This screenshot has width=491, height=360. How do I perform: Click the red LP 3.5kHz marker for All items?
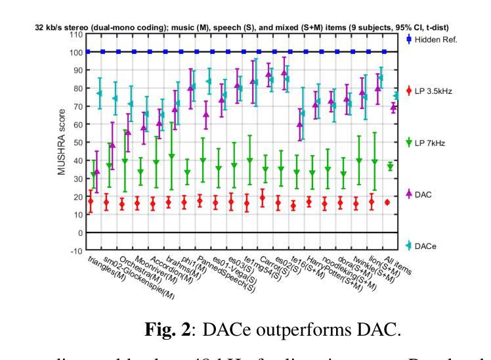point(387,202)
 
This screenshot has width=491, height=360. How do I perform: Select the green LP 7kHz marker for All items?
point(390,167)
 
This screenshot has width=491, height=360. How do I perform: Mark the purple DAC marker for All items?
point(393,107)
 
